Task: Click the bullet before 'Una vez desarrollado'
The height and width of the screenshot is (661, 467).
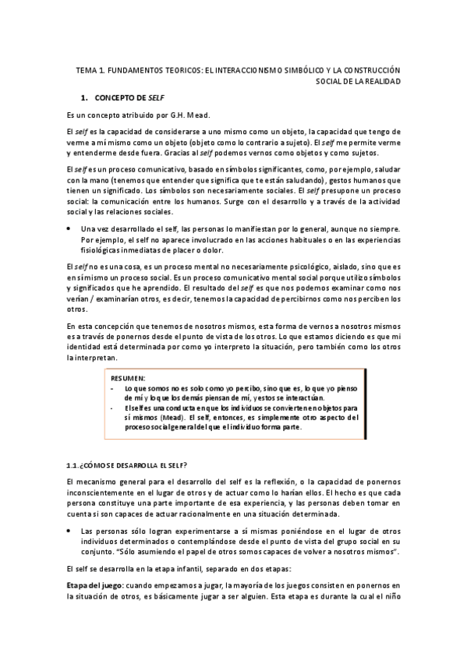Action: pos(69,228)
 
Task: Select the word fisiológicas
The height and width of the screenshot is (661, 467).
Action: pos(103,249)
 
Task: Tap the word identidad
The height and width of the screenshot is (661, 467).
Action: pos(86,347)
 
